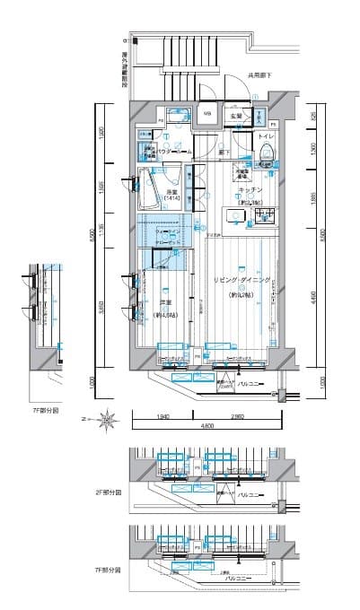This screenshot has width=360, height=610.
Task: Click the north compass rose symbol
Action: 107,416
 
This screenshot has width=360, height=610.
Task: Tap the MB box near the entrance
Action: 206,114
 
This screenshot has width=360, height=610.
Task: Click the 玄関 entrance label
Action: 235,116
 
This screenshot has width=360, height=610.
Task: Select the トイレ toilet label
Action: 267,136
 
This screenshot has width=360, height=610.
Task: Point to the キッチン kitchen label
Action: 250,191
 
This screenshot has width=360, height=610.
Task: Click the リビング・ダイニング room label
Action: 242,281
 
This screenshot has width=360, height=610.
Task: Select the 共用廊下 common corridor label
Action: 260,76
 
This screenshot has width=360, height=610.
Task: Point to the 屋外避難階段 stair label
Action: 123,66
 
